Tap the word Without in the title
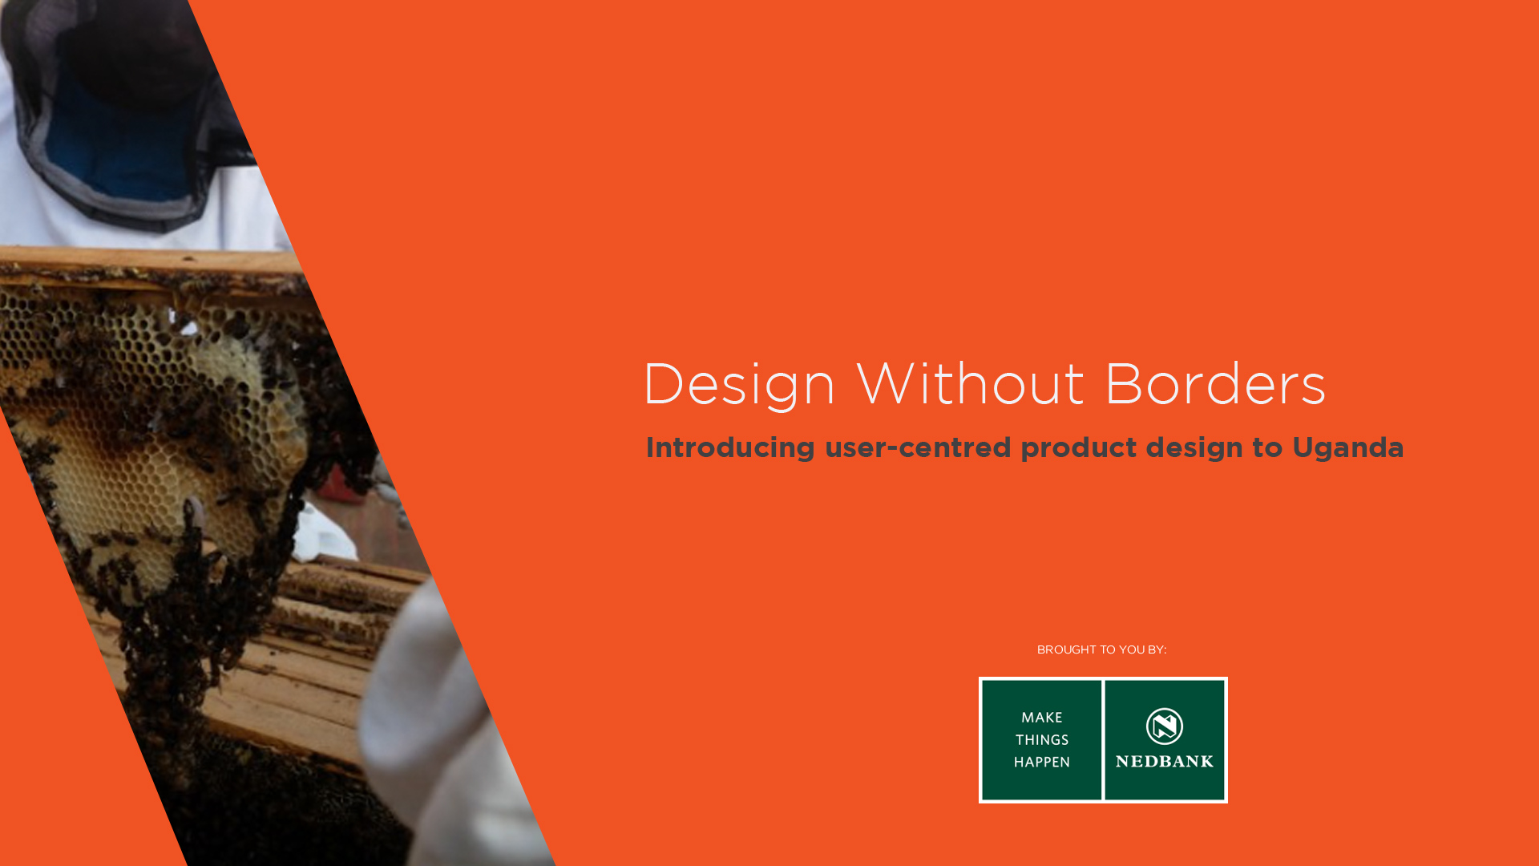point(970,383)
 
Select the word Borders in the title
point(1215,383)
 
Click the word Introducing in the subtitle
point(730,448)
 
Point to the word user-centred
point(918,447)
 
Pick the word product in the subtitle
point(1078,448)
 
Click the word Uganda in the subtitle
point(1348,448)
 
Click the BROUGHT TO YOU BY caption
point(1101,649)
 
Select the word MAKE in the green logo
point(1042,718)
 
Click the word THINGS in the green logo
point(1042,740)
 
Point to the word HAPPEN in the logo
point(1042,763)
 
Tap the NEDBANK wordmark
point(1165,762)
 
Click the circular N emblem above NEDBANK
point(1165,726)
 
